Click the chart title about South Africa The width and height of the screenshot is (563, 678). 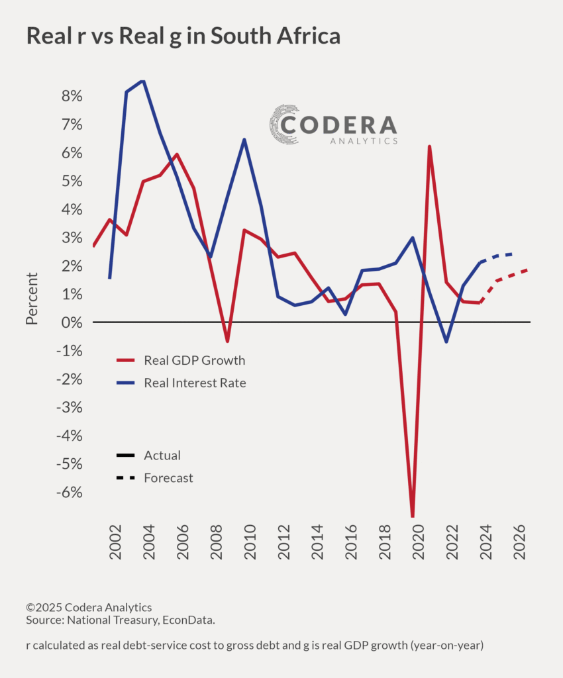click(183, 36)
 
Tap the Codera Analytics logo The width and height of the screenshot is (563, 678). click(333, 125)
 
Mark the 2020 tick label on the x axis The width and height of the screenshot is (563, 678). click(419, 542)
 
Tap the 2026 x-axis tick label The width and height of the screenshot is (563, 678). click(520, 542)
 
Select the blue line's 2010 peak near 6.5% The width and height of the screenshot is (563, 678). click(244, 140)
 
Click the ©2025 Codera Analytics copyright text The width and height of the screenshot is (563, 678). click(89, 607)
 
